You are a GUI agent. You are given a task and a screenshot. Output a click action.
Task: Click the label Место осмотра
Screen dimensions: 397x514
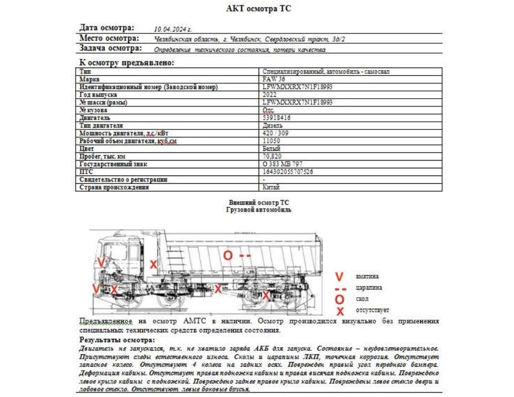coord(109,38)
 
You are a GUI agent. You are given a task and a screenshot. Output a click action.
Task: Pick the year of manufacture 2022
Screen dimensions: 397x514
coord(270,95)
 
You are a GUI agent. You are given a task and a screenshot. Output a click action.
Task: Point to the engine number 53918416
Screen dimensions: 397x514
coord(277,118)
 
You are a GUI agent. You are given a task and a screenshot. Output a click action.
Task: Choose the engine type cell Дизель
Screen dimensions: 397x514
coord(273,126)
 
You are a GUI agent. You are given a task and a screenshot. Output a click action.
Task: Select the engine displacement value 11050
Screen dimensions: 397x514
coord(272,141)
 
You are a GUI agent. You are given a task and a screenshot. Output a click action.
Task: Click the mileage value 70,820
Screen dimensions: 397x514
coord(272,156)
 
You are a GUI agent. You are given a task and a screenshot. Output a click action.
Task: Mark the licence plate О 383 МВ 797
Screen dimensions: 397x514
coord(283,164)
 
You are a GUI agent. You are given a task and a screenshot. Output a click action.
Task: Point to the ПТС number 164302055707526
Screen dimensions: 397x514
coord(288,172)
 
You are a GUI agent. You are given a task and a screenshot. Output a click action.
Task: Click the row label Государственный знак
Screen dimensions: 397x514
coord(113,164)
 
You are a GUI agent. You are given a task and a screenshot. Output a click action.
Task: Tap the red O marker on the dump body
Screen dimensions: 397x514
coord(227,255)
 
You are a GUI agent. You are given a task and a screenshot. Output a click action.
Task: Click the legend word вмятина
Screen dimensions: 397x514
coord(367,276)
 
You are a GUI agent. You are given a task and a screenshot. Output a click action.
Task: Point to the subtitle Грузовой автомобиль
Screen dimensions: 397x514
coord(259,209)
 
